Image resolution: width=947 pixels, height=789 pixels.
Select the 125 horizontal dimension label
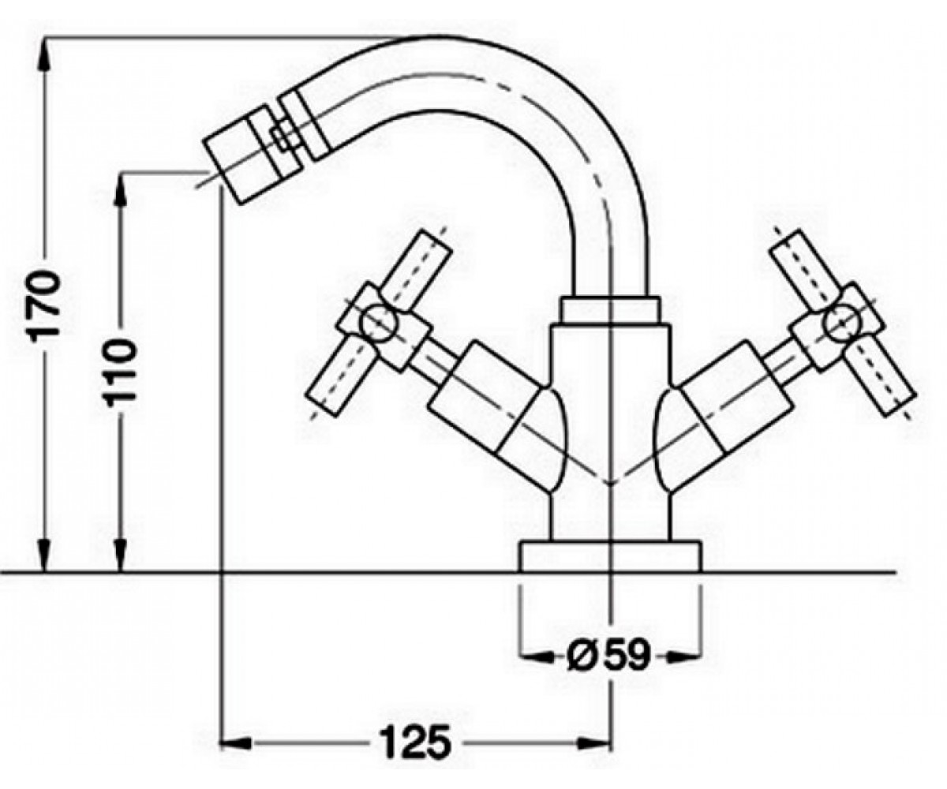point(415,742)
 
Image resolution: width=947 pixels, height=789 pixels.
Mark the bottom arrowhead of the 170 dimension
point(44,555)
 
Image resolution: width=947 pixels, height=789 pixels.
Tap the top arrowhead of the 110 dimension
point(121,189)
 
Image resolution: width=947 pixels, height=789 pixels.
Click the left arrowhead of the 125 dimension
point(235,742)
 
